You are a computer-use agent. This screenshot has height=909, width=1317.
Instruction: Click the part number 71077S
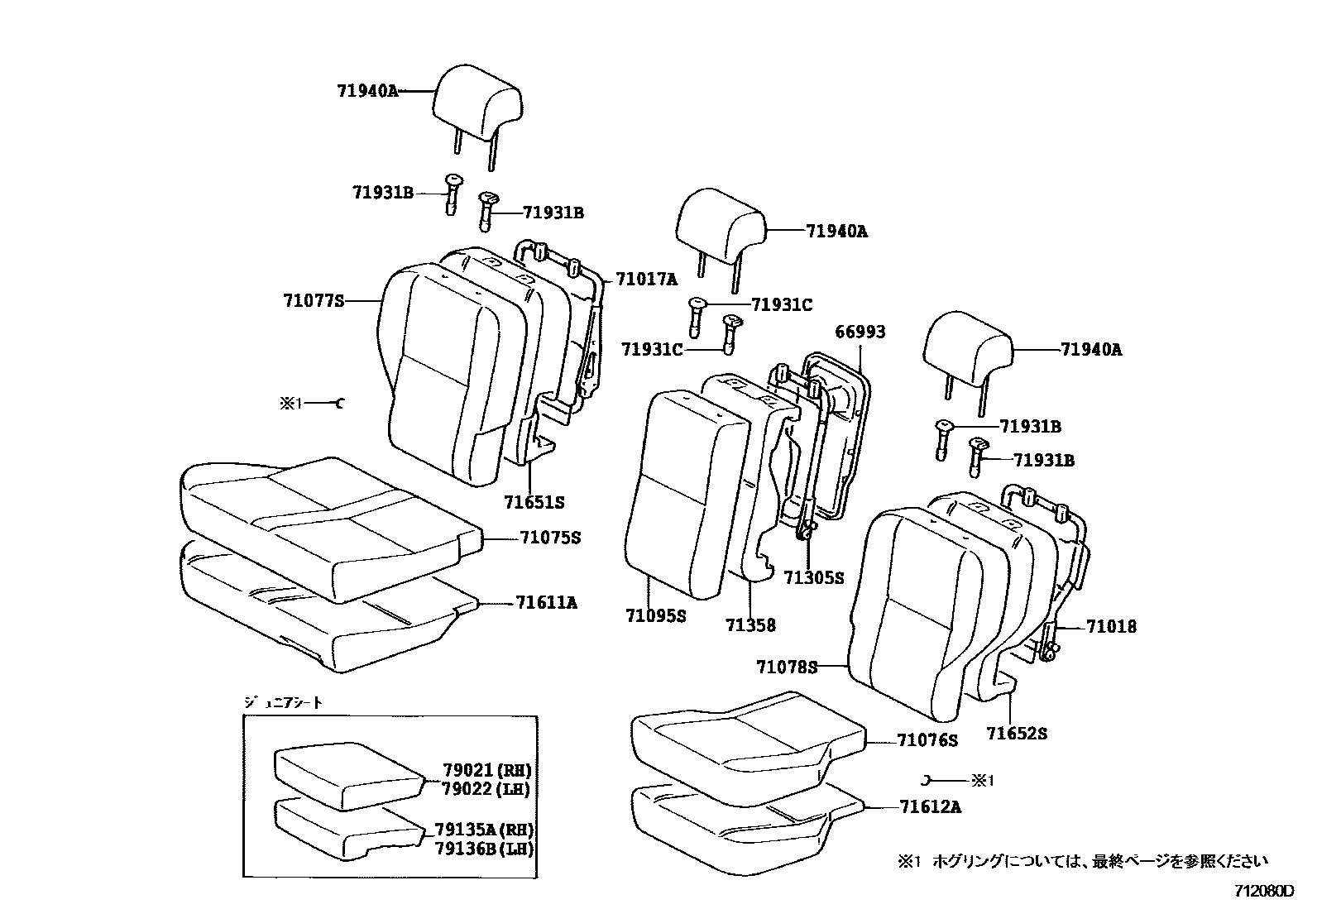[313, 301]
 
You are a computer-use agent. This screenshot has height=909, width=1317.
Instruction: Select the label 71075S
[549, 538]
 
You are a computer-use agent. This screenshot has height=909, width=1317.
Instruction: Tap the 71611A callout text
[547, 603]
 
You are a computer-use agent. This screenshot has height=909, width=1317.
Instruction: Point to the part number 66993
[860, 332]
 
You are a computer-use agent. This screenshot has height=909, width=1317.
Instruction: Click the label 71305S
[813, 578]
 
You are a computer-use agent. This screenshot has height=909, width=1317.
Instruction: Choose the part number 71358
[751, 625]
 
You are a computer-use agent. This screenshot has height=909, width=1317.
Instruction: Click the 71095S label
[655, 615]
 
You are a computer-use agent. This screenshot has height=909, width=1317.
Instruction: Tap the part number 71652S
[1017, 733]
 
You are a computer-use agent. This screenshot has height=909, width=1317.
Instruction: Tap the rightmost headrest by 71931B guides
[967, 345]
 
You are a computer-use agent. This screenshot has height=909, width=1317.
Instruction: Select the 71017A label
[646, 280]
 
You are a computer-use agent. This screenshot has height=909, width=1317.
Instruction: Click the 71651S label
[534, 502]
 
